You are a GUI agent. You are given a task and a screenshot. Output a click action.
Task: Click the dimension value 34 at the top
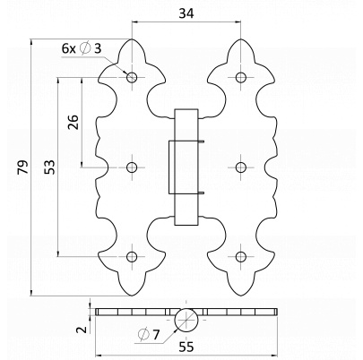[186, 13]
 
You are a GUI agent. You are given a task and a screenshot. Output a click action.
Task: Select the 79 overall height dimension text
[22, 167]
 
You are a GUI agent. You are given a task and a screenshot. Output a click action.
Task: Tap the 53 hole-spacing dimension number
[49, 167]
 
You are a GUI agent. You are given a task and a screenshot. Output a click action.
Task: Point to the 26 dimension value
[73, 122]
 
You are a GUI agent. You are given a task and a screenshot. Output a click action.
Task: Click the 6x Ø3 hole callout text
[82, 48]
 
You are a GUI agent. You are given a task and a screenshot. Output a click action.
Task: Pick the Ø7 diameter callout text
[149, 334]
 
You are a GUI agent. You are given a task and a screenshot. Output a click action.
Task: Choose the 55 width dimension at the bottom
[186, 347]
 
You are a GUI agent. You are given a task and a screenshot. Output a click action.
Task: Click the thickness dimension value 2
[82, 330]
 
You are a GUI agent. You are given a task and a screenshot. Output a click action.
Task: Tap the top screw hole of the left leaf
[132, 78]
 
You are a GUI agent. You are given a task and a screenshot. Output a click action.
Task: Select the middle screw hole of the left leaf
[132, 167]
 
